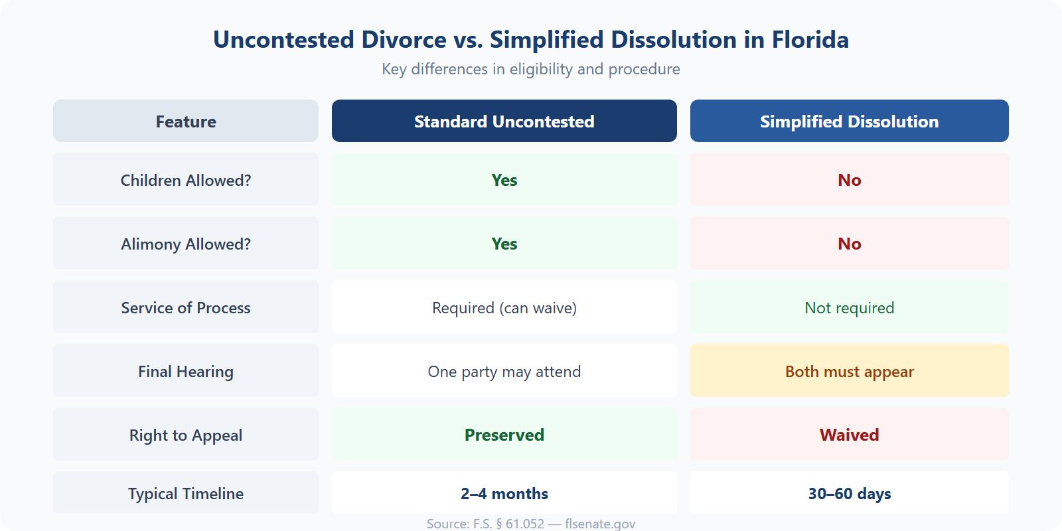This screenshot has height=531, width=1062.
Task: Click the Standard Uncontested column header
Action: click(504, 121)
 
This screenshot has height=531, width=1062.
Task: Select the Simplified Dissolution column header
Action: click(849, 121)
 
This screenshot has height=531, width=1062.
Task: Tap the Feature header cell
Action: click(186, 121)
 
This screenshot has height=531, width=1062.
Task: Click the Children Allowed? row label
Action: click(186, 180)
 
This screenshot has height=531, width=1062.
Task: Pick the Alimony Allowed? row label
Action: click(186, 244)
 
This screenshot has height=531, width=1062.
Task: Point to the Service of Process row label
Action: click(186, 307)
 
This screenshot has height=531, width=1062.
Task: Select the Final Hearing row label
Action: click(186, 371)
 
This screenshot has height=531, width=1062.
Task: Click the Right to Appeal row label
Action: click(186, 435)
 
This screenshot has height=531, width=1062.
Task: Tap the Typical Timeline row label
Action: click(186, 493)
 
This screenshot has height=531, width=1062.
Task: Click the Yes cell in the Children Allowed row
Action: click(504, 180)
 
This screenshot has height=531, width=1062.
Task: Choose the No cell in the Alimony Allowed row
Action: click(849, 244)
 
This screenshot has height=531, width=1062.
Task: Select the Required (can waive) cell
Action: click(504, 307)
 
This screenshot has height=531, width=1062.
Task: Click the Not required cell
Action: click(849, 307)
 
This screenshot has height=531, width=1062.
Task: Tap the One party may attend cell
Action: click(504, 371)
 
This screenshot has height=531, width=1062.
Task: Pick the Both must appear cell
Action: click(849, 371)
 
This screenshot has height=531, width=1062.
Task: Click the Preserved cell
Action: click(504, 435)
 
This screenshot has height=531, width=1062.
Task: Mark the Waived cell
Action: click(849, 435)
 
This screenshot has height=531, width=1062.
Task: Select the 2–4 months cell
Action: click(504, 493)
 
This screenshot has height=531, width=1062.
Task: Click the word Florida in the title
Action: click(810, 40)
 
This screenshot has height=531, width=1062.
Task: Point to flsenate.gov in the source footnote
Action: click(600, 524)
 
